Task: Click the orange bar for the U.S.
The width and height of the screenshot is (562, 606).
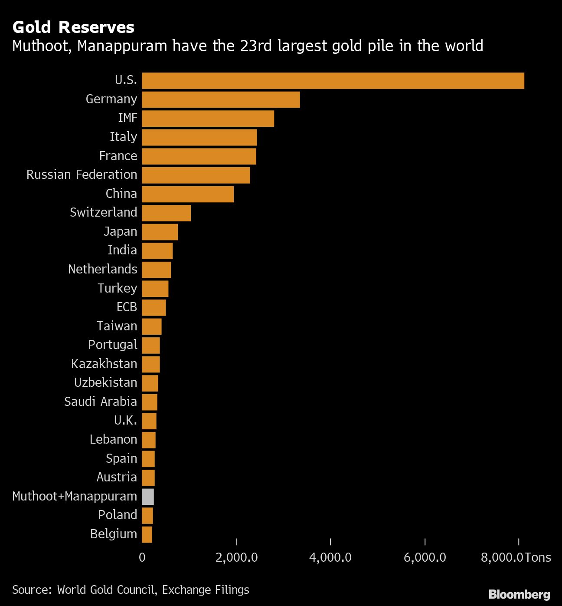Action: (333, 81)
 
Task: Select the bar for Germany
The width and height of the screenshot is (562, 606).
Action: (221, 99)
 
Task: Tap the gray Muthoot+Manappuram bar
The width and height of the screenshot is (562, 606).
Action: (148, 497)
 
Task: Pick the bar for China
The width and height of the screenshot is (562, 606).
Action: (187, 194)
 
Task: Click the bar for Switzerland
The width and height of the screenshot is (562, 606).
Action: (166, 213)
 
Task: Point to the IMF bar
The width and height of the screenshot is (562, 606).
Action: (208, 119)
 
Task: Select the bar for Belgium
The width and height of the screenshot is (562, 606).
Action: (147, 534)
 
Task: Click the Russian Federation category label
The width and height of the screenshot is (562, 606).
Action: (82, 175)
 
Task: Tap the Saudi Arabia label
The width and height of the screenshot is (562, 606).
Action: (100, 402)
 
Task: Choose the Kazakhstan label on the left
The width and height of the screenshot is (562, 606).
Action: (104, 364)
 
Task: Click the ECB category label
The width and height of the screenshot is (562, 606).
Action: (127, 307)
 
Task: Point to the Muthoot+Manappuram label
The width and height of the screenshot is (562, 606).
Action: (75, 496)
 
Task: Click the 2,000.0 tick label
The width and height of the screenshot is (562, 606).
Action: (236, 557)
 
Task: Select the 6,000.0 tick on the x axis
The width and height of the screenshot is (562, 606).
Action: (425, 557)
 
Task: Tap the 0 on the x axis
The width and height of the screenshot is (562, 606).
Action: (142, 557)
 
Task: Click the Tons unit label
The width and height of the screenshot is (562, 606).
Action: (538, 557)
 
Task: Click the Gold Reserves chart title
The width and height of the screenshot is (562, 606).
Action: (73, 27)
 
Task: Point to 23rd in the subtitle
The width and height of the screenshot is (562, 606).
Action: (257, 46)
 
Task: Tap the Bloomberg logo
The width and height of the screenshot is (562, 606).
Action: (519, 594)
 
